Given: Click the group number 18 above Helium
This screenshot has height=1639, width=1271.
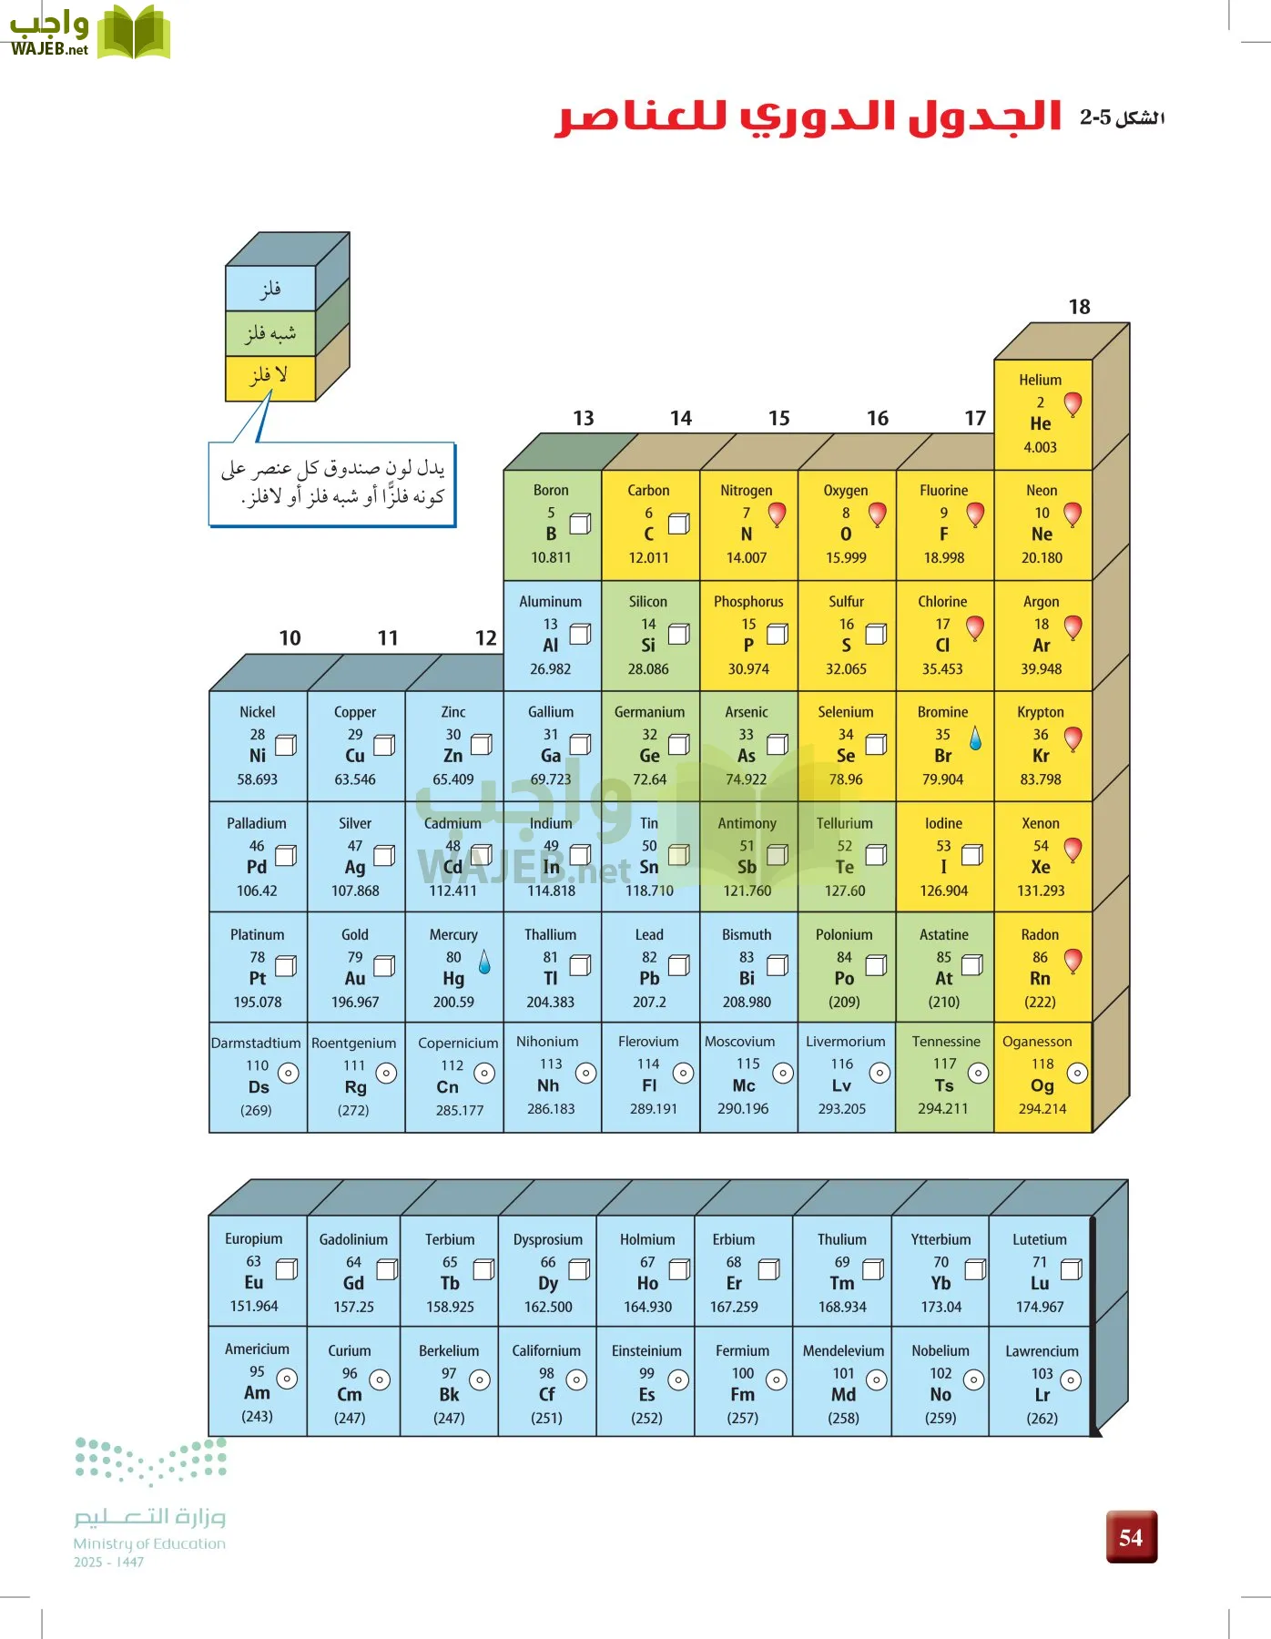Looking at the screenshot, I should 1079,307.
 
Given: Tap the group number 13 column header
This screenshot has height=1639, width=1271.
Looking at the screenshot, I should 583,418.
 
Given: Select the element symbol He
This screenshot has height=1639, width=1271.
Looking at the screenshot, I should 1041,423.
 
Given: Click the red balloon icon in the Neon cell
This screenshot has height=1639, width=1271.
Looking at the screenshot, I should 1073,514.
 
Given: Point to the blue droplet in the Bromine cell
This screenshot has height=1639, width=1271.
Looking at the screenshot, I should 975,738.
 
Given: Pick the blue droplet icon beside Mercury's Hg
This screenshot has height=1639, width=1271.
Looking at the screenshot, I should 484,962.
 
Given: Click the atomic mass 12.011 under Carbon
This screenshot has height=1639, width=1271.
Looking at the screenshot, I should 648,557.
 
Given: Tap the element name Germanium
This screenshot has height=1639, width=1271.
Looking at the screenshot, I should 649,712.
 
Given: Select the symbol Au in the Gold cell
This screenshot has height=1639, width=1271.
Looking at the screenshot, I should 355,979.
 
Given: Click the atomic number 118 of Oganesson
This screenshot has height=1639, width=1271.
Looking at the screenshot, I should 1042,1064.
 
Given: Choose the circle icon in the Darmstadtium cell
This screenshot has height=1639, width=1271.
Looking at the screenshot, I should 288,1074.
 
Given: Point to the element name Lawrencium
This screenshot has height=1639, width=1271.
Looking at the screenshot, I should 1042,1351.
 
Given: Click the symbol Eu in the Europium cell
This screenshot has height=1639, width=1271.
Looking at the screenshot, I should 254,1283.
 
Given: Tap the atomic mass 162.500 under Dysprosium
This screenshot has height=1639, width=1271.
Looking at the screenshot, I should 548,1307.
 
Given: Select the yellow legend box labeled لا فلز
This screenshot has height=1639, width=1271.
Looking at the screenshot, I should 269,376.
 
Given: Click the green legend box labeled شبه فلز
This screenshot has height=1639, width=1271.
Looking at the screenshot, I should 269,333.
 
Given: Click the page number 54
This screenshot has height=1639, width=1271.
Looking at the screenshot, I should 1131,1538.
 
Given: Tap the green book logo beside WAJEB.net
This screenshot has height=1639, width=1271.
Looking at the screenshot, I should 133,33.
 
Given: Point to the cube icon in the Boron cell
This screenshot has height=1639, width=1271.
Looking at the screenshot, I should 580,524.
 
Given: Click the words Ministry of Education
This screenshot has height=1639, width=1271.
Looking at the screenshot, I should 149,1543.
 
